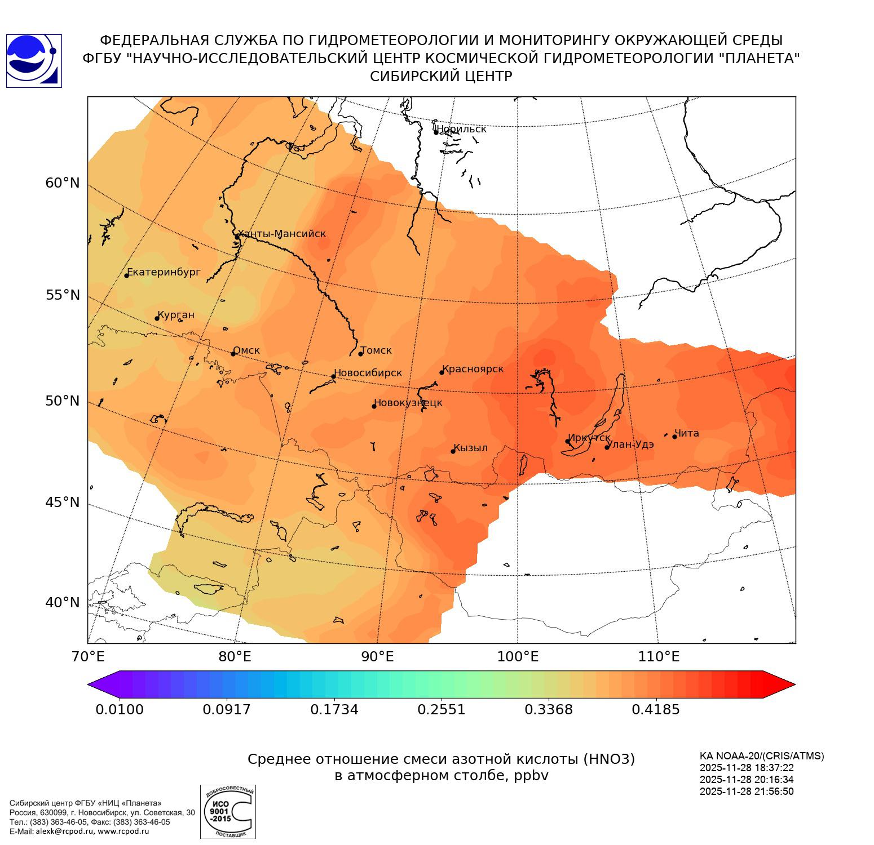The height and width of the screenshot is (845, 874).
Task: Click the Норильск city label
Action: click(461, 129)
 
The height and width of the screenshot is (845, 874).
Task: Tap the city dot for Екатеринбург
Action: click(127, 275)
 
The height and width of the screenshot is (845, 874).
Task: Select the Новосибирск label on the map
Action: click(368, 373)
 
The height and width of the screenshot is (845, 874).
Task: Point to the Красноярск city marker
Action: click(442, 372)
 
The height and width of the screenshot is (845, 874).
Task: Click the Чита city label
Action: click(686, 433)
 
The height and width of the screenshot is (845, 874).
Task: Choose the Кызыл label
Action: click(470, 448)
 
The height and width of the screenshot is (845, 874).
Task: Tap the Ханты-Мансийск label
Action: click(281, 234)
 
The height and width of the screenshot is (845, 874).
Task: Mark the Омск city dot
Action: click(233, 354)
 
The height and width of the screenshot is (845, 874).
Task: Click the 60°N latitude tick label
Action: click(63, 183)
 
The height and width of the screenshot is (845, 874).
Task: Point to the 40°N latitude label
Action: click(63, 603)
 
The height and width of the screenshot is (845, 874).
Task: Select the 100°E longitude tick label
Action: click(518, 657)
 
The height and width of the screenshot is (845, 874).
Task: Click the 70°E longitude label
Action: click(88, 657)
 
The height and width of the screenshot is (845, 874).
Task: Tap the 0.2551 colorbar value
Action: click(442, 709)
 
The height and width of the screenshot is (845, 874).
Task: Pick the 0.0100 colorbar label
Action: click(120, 709)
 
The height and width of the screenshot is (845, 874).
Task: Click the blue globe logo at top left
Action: click(34, 61)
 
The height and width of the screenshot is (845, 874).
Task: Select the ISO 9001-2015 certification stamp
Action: click(228, 812)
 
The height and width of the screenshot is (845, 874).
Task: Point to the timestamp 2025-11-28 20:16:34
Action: click(747, 780)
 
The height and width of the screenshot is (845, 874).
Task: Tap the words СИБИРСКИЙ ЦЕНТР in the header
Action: click(441, 77)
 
